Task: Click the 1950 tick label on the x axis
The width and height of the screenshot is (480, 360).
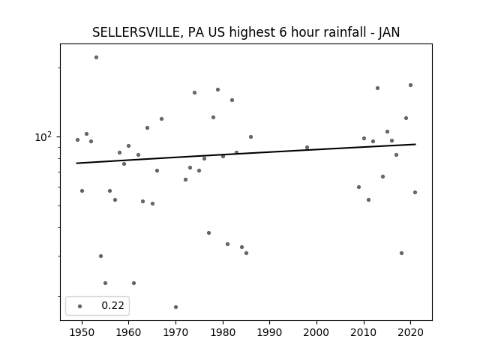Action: pyautogui.click(x=82, y=332)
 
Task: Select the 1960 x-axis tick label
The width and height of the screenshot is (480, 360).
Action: pyautogui.click(x=128, y=332)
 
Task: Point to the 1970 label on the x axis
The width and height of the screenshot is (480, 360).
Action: pyautogui.click(x=175, y=332)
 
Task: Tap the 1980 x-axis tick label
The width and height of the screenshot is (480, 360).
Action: pyautogui.click(x=223, y=332)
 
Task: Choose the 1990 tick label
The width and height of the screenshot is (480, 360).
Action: pyautogui.click(x=270, y=332)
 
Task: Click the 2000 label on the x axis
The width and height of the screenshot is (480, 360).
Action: pyautogui.click(x=316, y=332)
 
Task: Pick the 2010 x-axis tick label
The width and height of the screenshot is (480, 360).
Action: pyautogui.click(x=364, y=332)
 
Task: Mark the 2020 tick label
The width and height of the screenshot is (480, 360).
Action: pyautogui.click(x=411, y=332)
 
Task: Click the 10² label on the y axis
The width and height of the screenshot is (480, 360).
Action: pyautogui.click(x=43, y=137)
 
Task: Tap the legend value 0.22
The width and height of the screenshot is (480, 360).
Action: pyautogui.click(x=112, y=305)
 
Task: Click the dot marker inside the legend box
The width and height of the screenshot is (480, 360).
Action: pyautogui.click(x=80, y=306)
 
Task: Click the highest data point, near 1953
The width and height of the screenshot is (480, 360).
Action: pyautogui.click(x=96, y=57)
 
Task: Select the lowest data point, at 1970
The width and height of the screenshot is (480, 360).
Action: pyautogui.click(x=175, y=307)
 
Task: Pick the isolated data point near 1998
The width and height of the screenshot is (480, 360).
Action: pyautogui.click(x=307, y=147)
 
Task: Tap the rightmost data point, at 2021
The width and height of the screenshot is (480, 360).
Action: pyautogui.click(x=415, y=192)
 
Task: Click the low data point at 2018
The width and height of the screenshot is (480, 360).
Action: pyautogui.click(x=401, y=253)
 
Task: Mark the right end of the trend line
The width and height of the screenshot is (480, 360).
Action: pyautogui.click(x=415, y=144)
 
